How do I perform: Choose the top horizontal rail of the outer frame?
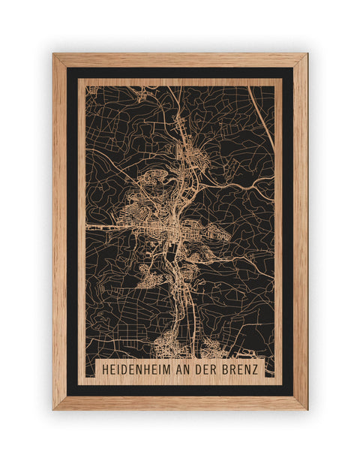tap(180, 60)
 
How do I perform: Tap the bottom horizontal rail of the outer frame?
tap(180, 403)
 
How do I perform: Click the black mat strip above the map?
tap(180, 73)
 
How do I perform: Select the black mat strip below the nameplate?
tap(180, 390)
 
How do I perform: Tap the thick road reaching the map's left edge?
tap(94, 224)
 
